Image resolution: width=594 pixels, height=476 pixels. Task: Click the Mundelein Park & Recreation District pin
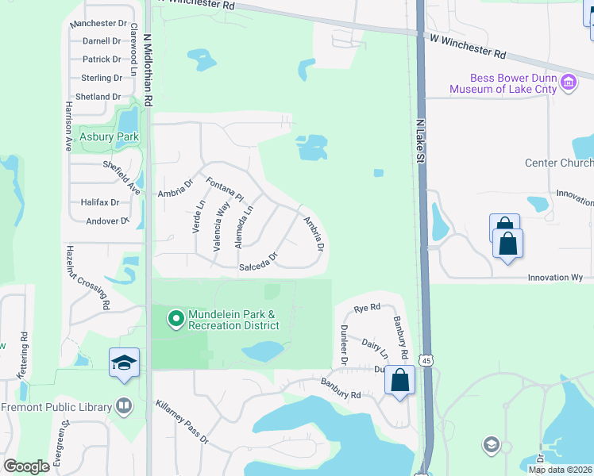(x=175, y=319)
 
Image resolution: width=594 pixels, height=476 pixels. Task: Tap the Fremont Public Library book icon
(x=123, y=407)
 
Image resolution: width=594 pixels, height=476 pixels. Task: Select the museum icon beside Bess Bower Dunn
(x=569, y=83)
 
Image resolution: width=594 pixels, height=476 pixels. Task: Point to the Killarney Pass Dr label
(x=182, y=421)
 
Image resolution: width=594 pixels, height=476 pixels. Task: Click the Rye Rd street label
(x=367, y=307)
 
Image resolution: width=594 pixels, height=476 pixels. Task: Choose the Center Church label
(x=559, y=163)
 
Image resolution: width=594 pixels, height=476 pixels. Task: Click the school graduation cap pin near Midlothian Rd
(x=124, y=363)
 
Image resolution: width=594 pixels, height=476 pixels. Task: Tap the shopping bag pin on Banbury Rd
(x=400, y=380)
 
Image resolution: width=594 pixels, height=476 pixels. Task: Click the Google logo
(x=27, y=466)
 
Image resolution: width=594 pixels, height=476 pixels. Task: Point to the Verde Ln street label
(x=199, y=216)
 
